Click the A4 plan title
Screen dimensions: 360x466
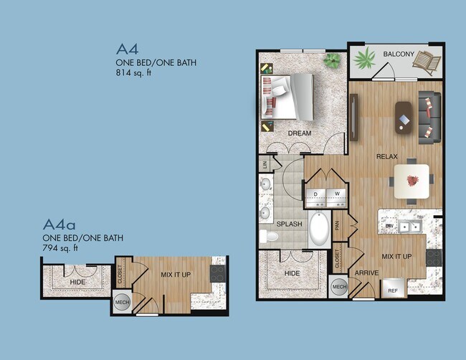point(128,49)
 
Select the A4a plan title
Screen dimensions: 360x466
point(61,224)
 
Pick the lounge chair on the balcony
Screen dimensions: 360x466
point(428,63)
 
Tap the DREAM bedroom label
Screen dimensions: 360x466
point(300,133)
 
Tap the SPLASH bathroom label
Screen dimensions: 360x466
point(295,224)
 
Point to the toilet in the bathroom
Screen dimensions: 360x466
point(270,236)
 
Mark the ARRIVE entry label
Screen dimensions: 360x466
point(366,273)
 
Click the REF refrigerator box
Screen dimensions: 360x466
point(393,290)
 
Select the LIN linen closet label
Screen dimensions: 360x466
point(265,164)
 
